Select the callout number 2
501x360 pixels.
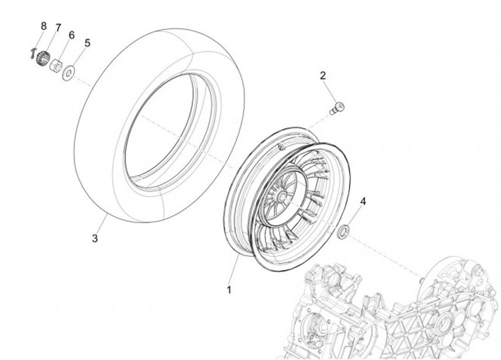pyautogui.click(x=323, y=75)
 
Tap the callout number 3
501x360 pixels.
pyautogui.click(x=95, y=239)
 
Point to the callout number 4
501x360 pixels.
pyautogui.click(x=362, y=202)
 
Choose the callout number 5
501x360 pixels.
pyautogui.click(x=87, y=43)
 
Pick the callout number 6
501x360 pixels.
pyautogui.click(x=71, y=35)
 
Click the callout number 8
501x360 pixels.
pyautogui.click(x=43, y=26)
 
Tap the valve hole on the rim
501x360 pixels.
pyautogui.click(x=280, y=147)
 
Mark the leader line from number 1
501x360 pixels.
pyautogui.click(x=232, y=269)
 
